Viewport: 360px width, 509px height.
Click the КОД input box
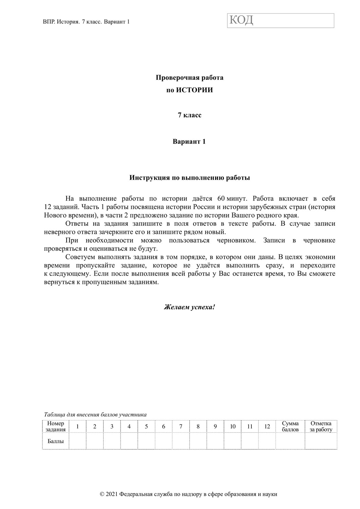click(x=281, y=20)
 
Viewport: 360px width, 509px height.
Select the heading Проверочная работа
click(x=189, y=78)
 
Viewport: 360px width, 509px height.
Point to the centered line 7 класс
click(x=189, y=115)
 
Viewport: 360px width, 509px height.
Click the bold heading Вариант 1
click(x=189, y=142)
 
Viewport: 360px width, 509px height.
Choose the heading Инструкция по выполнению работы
click(x=189, y=178)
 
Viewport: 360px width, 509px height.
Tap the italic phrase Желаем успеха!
click(x=189, y=307)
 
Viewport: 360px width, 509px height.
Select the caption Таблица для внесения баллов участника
click(x=95, y=414)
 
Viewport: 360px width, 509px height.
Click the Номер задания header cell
click(x=56, y=426)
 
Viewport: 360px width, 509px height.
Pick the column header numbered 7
click(x=181, y=427)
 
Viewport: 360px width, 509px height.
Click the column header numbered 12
click(x=267, y=427)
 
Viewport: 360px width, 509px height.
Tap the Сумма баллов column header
click(x=290, y=426)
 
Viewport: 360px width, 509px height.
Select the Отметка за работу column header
click(x=321, y=426)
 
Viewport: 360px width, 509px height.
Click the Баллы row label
click(x=56, y=441)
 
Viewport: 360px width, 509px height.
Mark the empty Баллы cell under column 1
click(x=77, y=441)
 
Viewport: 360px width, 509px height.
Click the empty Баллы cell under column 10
click(x=232, y=441)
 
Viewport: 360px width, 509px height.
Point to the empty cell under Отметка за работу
click(x=321, y=441)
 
